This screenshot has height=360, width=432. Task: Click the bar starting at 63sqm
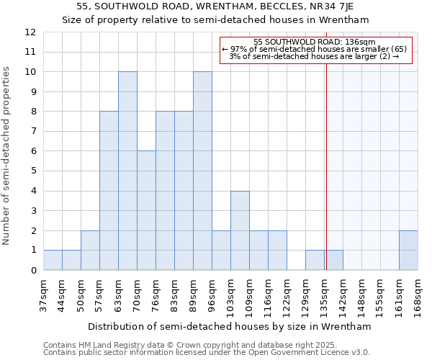pyautogui.click(x=127, y=171)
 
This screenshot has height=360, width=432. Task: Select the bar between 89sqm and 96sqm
pyautogui.click(x=202, y=171)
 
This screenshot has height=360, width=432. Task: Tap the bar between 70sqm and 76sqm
pyautogui.click(x=146, y=210)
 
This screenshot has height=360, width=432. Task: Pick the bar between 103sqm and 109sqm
pyautogui.click(x=240, y=230)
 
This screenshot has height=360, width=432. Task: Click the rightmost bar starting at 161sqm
pyautogui.click(x=408, y=250)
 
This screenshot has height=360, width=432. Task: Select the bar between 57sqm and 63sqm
pyautogui.click(x=109, y=191)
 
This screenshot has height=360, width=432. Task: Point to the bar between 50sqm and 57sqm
pyautogui.click(x=90, y=250)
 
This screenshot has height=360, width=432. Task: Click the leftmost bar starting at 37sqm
pyautogui.click(x=53, y=260)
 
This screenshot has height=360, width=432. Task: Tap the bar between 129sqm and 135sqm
pyautogui.click(x=315, y=260)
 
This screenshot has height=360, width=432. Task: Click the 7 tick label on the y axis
pyautogui.click(x=32, y=132)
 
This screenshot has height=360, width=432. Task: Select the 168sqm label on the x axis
pyautogui.click(x=418, y=294)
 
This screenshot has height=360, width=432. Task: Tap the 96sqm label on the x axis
pyautogui.click(x=212, y=294)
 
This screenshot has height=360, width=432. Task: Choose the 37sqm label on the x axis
pyautogui.click(x=43, y=294)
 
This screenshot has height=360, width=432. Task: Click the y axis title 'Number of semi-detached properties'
pyautogui.click(x=7, y=156)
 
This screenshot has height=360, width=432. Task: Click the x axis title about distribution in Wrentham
pyautogui.click(x=230, y=326)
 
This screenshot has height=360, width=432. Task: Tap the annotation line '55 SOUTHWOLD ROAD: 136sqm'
pyautogui.click(x=315, y=42)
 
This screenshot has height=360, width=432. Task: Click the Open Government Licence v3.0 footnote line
pyautogui.click(x=207, y=352)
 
